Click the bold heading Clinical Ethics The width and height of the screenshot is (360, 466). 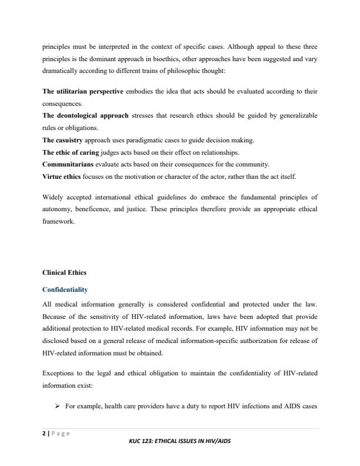pyautogui.click(x=64, y=273)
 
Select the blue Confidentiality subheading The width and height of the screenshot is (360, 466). pyautogui.click(x=65, y=289)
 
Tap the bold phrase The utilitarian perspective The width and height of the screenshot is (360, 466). pyautogui.click(x=83, y=92)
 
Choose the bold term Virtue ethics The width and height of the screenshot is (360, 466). pyautogui.click(x=62, y=177)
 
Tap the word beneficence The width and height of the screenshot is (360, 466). pyautogui.click(x=92, y=209)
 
